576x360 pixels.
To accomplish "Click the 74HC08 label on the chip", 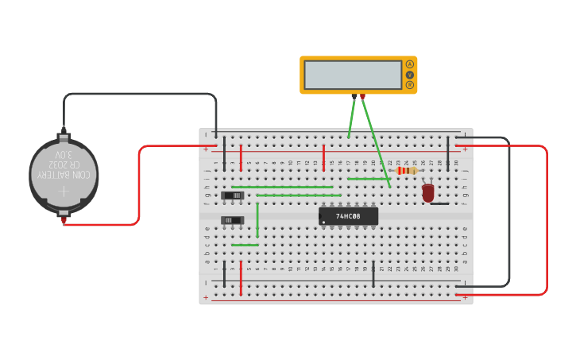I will click(348, 216).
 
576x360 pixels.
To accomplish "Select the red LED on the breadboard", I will click(428, 192).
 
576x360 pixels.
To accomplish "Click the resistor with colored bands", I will click(406, 171).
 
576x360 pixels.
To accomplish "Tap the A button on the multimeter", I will click(410, 64).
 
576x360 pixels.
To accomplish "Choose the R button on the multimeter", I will click(410, 85).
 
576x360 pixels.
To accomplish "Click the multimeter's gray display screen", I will click(353, 75).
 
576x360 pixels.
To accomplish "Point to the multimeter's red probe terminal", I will click(362, 96).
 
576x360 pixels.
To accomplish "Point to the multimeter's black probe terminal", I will click(354, 96).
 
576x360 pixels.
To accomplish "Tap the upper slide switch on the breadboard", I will click(233, 195).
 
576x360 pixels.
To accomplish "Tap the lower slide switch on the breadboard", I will click(232, 219).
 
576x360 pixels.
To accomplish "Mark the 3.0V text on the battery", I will click(64, 154).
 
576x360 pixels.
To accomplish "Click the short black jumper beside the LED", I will click(439, 203).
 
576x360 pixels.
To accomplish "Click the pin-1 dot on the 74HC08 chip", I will click(323, 222).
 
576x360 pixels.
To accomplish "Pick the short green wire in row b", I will click(245, 245).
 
